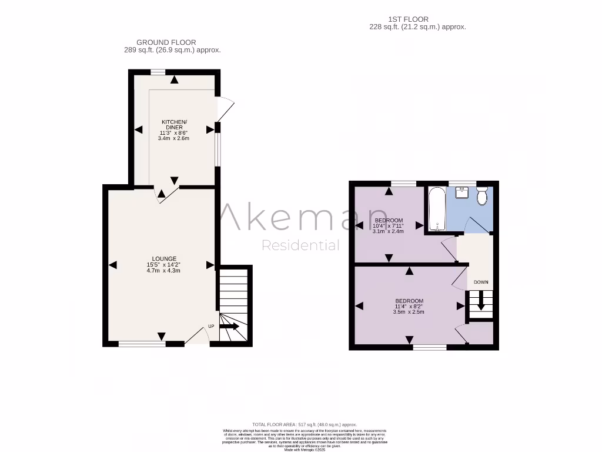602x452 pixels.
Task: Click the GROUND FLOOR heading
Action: coord(166,42)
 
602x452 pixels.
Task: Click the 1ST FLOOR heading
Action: coord(417,19)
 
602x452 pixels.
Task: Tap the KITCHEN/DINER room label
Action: coord(174,124)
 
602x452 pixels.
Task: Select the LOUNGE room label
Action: coord(163,258)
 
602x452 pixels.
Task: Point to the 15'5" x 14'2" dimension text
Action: coord(163,265)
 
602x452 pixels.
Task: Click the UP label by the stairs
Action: coord(210,327)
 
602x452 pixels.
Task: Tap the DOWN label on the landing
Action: coord(481,282)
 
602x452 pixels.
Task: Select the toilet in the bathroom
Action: coord(482,195)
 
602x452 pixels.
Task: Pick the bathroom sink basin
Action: coord(462,192)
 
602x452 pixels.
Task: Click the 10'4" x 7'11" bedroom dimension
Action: coord(389,225)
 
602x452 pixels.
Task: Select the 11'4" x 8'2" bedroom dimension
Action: coord(409,306)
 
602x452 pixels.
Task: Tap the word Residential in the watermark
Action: coord(300,245)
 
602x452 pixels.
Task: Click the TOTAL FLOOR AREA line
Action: coord(304,424)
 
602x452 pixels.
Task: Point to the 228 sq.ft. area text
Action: coord(417,27)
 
